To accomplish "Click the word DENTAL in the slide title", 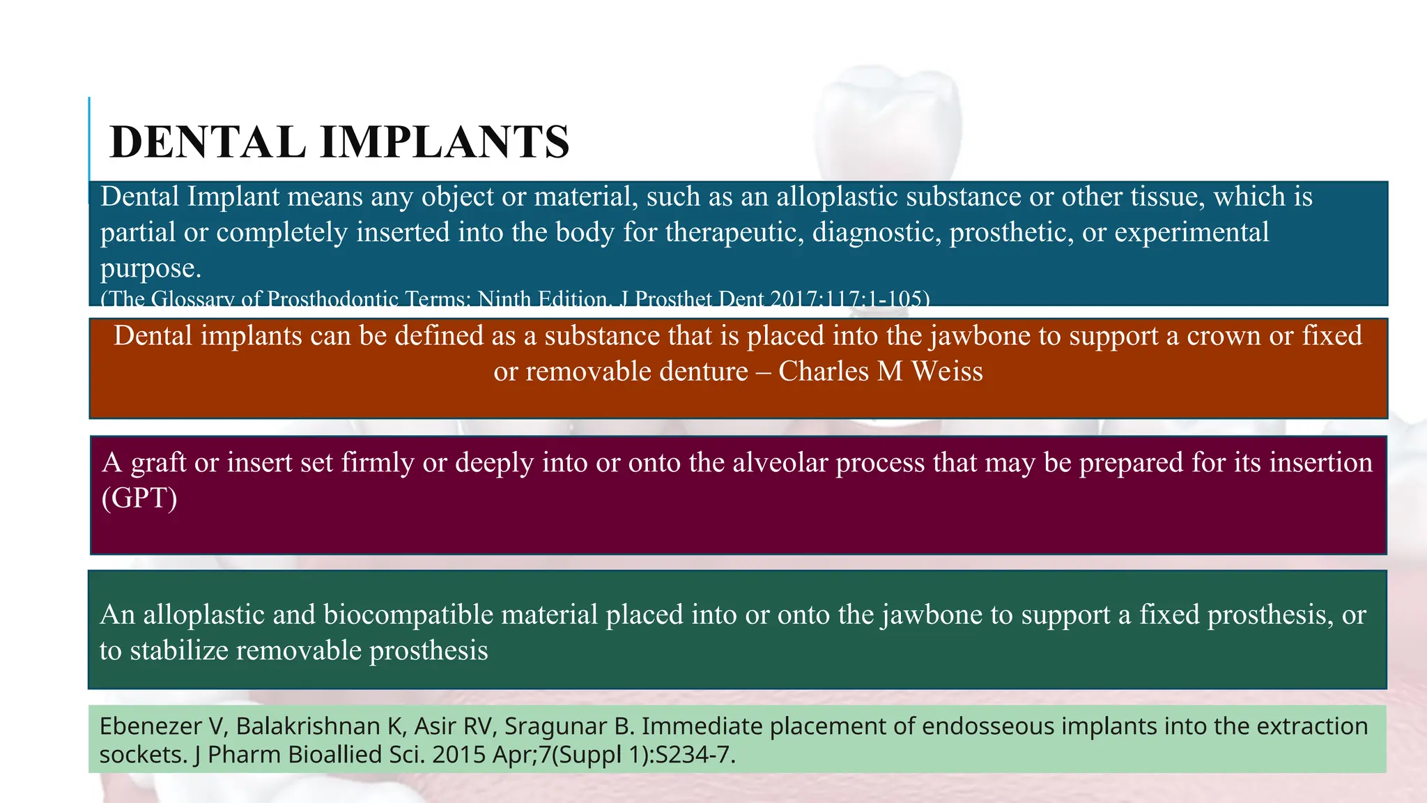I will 208,142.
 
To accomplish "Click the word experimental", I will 1191,232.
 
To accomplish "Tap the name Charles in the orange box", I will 823,372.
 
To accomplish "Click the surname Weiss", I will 947,372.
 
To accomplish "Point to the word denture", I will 704,372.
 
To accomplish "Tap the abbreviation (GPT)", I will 139,498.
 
